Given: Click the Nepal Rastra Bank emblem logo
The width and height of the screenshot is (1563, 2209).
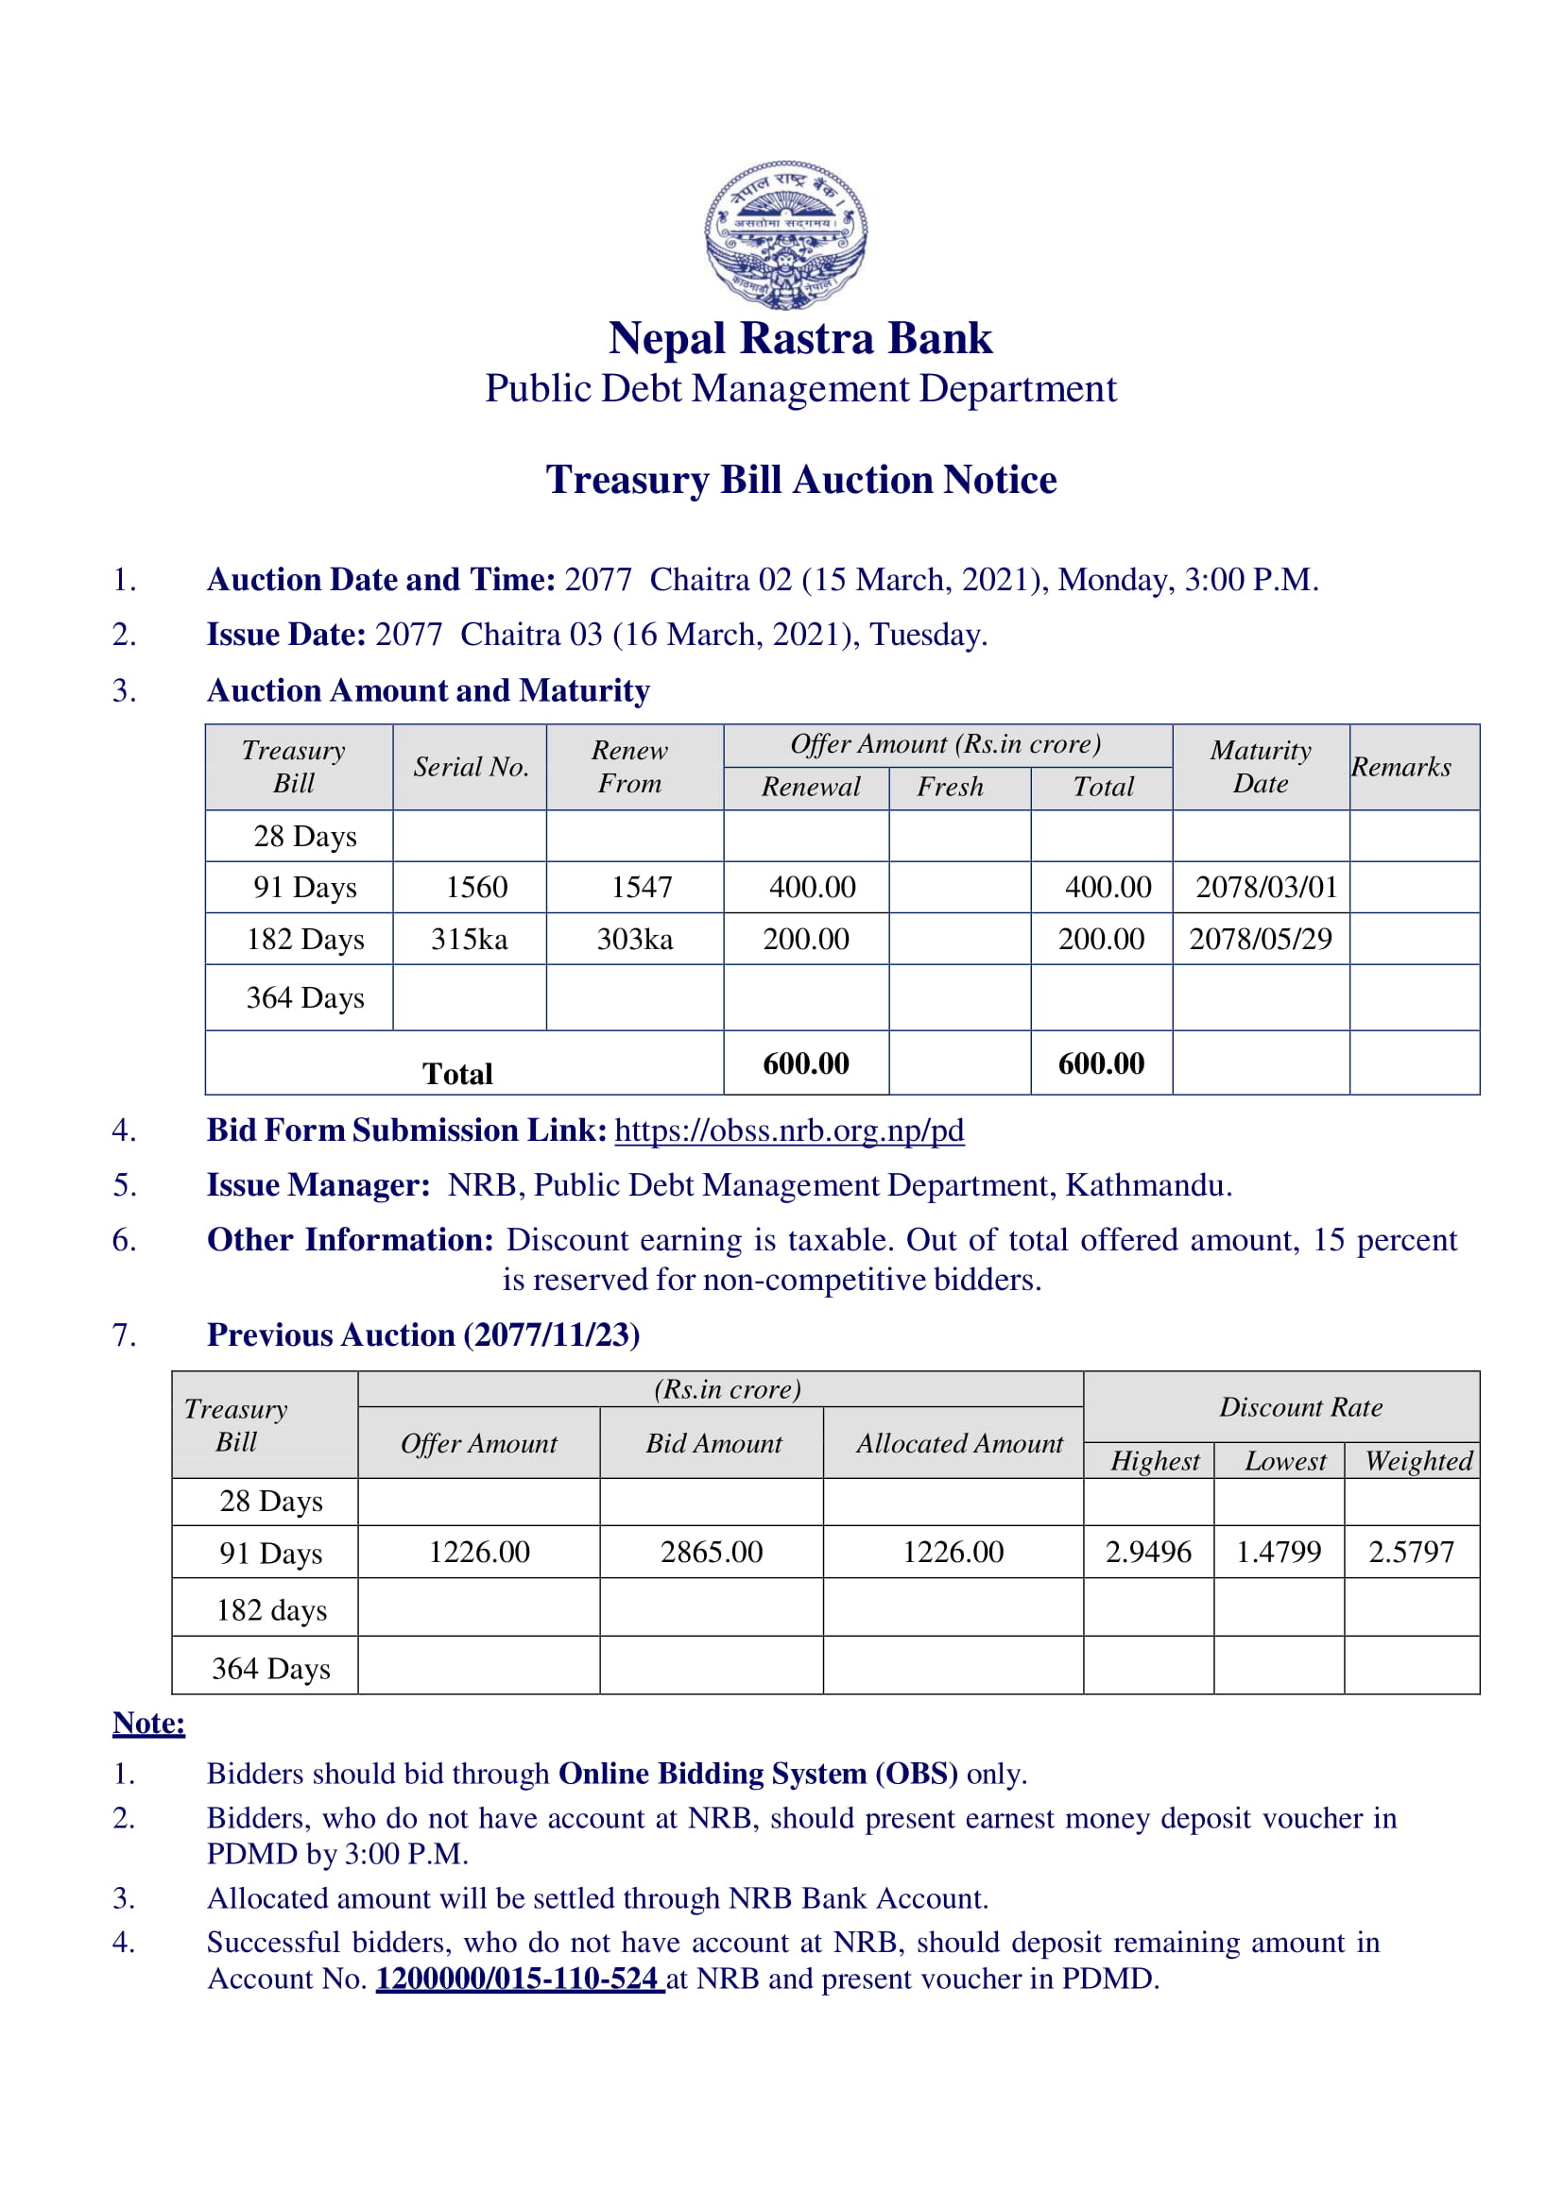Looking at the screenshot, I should [785, 234].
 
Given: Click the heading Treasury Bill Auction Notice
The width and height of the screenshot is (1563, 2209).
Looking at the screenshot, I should [800, 479].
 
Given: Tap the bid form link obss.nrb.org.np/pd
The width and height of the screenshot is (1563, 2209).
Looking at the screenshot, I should [789, 1130].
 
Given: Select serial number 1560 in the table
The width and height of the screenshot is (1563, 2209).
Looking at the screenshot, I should [476, 887].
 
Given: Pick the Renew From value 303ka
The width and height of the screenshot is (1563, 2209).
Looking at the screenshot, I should [634, 939].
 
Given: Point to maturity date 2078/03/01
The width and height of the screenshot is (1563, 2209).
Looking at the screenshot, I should [1265, 887].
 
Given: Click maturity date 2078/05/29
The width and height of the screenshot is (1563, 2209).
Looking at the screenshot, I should [1260, 939].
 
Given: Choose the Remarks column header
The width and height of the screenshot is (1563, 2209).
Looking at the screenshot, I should [1400, 767].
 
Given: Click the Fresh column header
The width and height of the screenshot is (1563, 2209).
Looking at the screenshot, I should [950, 787].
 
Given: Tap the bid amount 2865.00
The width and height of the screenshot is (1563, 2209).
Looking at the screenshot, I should [712, 1552].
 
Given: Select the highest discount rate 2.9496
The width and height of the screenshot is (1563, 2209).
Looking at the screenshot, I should [1148, 1552].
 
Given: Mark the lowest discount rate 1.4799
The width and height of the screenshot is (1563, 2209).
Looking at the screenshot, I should [1279, 1552].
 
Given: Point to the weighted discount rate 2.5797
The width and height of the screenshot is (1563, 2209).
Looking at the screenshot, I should [1411, 1552].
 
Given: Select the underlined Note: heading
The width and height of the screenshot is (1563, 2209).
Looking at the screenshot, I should [148, 1724].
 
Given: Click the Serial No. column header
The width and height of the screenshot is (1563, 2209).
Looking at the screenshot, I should [471, 767].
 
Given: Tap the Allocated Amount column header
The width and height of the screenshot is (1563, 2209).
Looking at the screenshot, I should [959, 1443].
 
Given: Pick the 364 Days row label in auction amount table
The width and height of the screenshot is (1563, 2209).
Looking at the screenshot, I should [305, 997].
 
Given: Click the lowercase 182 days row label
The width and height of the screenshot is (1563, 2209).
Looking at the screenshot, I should [271, 1610].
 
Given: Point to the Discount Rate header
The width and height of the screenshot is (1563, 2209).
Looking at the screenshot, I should [1300, 1407].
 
